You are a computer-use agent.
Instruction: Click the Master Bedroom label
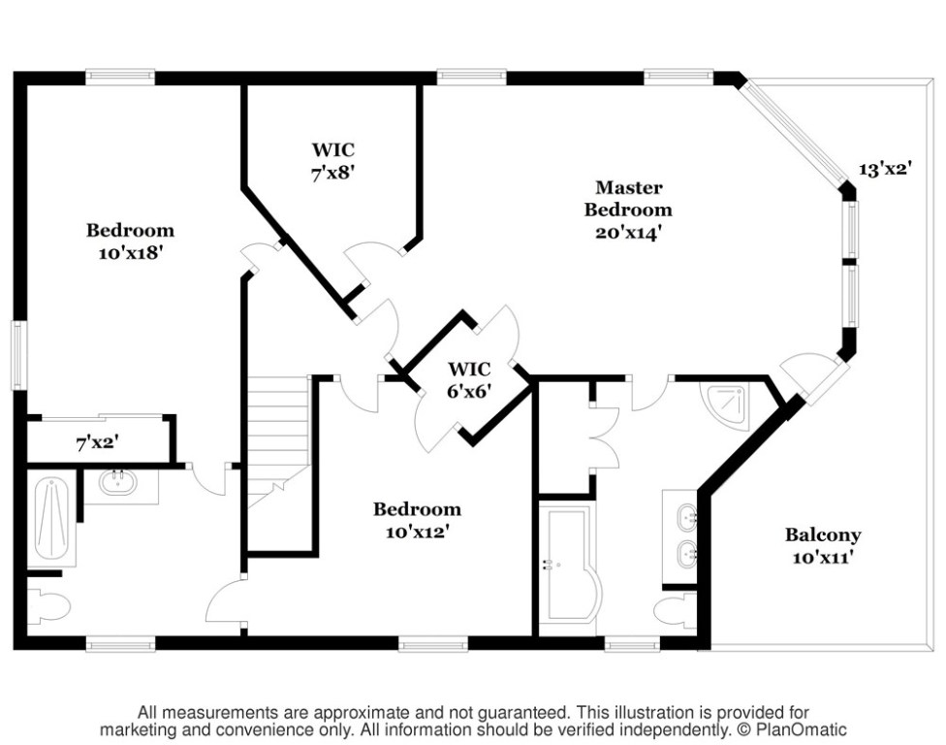pos(628,199)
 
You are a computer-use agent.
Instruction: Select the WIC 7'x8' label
pos(332,162)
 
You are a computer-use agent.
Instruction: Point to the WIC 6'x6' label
pos(469,380)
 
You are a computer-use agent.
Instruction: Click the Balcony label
pos(823,534)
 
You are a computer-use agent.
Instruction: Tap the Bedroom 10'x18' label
pos(130,241)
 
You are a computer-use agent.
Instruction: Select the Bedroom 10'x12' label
pos(417,520)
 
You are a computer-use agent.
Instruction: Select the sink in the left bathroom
pos(118,482)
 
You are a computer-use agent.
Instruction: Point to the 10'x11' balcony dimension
pos(823,558)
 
